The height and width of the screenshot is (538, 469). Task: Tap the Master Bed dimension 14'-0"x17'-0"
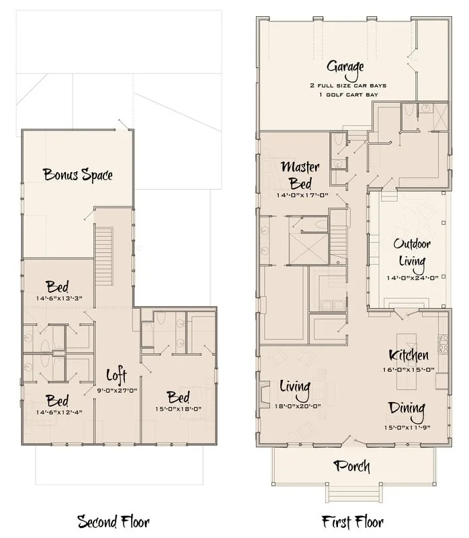click(x=302, y=195)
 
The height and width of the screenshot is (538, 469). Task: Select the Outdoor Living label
click(x=412, y=253)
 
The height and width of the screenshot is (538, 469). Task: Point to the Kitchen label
click(x=409, y=355)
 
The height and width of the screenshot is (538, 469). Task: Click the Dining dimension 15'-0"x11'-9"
click(x=407, y=428)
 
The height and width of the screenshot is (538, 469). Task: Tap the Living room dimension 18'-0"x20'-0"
click(x=298, y=406)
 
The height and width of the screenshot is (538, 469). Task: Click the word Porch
click(x=352, y=466)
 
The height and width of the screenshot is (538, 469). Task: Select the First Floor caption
click(x=353, y=523)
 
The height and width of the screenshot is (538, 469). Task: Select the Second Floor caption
click(x=113, y=523)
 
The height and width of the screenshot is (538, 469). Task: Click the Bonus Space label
click(x=78, y=175)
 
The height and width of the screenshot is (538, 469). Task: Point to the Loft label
click(x=116, y=375)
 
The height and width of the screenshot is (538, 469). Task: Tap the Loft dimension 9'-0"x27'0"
click(x=117, y=391)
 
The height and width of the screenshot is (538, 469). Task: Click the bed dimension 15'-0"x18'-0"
click(x=178, y=409)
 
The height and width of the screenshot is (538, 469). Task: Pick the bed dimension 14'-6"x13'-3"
click(x=59, y=298)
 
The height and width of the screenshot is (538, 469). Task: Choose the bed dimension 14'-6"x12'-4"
click(x=59, y=412)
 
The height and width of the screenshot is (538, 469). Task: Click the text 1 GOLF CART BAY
click(x=348, y=95)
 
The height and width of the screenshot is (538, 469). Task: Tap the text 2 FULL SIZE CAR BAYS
click(x=348, y=85)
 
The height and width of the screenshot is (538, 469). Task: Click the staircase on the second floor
click(x=104, y=256)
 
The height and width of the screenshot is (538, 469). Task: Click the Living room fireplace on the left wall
click(x=265, y=395)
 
